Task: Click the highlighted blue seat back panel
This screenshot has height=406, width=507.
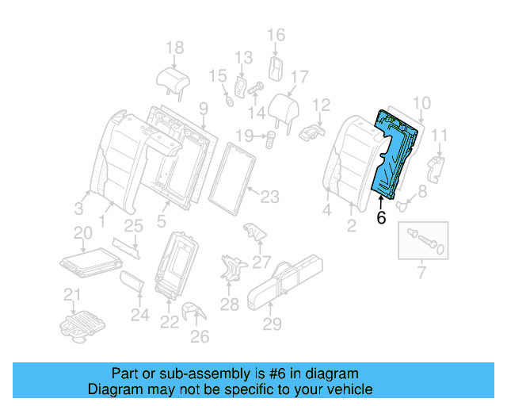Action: point(394,155)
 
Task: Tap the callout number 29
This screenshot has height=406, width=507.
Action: point(272,324)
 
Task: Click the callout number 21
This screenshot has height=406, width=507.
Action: point(72,297)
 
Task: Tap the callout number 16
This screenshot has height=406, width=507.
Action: point(275,35)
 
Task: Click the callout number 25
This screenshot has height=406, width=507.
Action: point(133,226)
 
